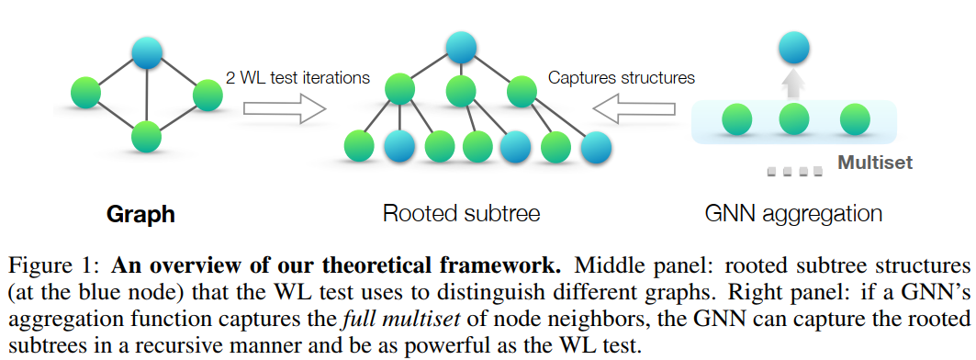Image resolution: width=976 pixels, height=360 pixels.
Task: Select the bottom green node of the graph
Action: pyautogui.click(x=146, y=136)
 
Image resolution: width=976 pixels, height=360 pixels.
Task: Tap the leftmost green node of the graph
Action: pyautogui.click(x=86, y=93)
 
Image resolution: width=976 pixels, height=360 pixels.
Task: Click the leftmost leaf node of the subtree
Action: pyautogui.click(x=359, y=146)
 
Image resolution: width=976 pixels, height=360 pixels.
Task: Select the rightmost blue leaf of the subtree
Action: pyautogui.click(x=597, y=146)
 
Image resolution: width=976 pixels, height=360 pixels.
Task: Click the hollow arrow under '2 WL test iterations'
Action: pyautogui.click(x=286, y=109)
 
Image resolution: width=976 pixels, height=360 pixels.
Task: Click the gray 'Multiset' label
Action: pyautogui.click(x=875, y=164)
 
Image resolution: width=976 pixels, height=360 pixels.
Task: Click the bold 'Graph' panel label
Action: pyautogui.click(x=140, y=215)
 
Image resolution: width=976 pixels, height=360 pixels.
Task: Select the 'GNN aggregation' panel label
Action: pyautogui.click(x=793, y=215)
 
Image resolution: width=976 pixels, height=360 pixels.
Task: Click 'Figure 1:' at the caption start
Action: pyautogui.click(x=54, y=267)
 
